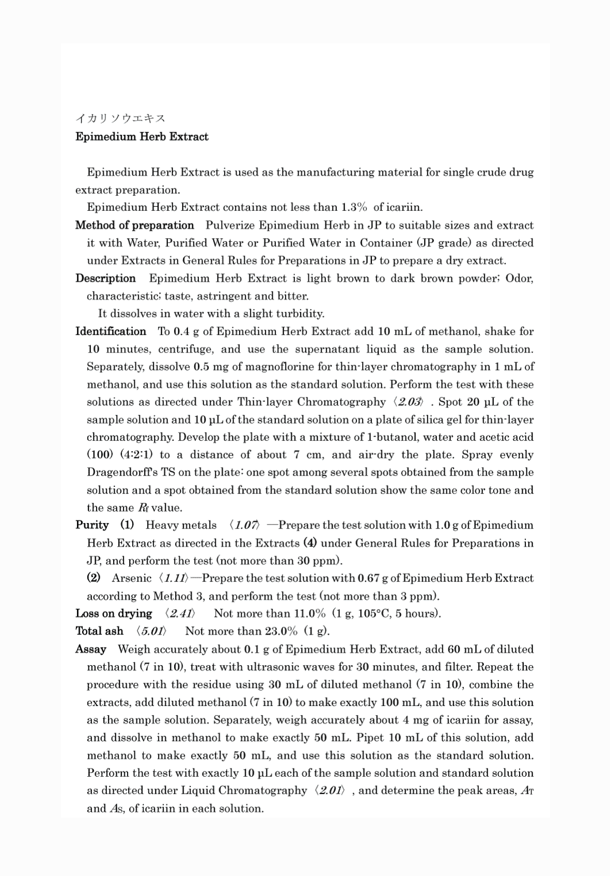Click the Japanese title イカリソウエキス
pyautogui.click(x=120, y=118)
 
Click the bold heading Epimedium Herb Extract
pyautogui.click(x=142, y=137)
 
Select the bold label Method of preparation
pyautogui.click(x=135, y=225)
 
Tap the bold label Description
pyautogui.click(x=105, y=279)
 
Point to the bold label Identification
pyautogui.click(x=111, y=331)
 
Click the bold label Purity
pyautogui.click(x=92, y=525)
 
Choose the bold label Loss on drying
pyautogui.click(x=114, y=613)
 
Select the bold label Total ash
pyautogui.click(x=99, y=631)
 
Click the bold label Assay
pyautogui.click(x=91, y=649)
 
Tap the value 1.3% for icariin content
pyautogui.click(x=354, y=208)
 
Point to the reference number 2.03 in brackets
pyautogui.click(x=409, y=402)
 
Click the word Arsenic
pyautogui.click(x=132, y=578)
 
